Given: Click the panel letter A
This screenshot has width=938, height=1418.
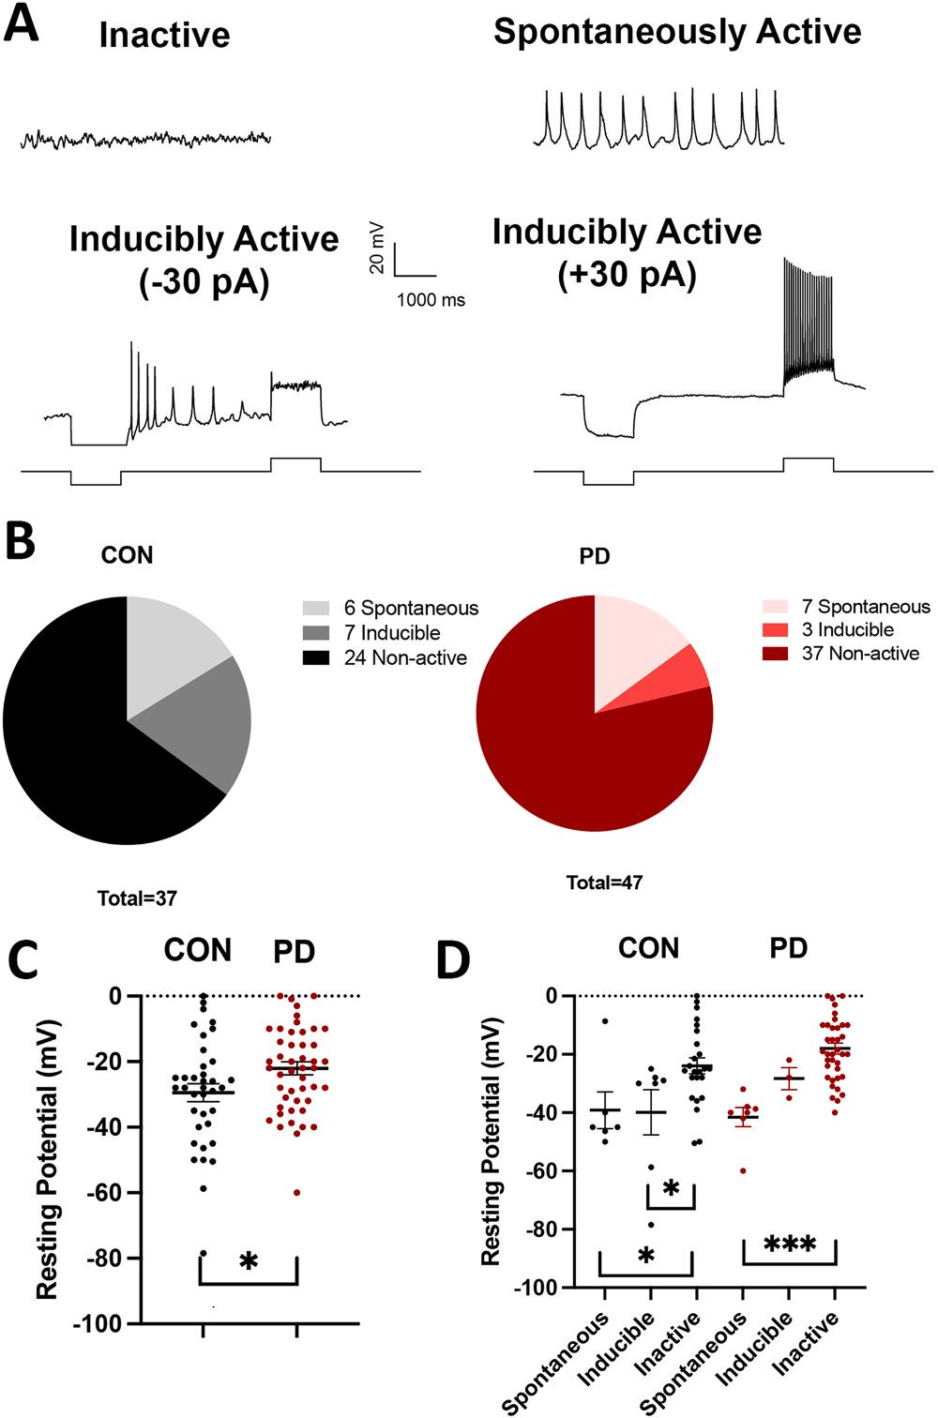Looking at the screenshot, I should click(22, 23).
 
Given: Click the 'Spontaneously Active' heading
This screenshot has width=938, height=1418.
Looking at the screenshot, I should click(676, 32).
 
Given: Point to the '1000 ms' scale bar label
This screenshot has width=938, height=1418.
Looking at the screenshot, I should click(431, 301).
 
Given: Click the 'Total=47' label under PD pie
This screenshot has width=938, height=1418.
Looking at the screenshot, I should click(605, 882).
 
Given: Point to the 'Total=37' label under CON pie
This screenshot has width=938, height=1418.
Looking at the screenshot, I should click(137, 898).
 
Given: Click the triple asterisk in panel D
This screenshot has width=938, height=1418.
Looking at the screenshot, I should click(789, 1246).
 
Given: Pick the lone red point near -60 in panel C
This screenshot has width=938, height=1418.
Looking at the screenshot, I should click(296, 1192).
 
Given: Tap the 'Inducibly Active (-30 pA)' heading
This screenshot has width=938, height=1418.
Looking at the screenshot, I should click(203, 260).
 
